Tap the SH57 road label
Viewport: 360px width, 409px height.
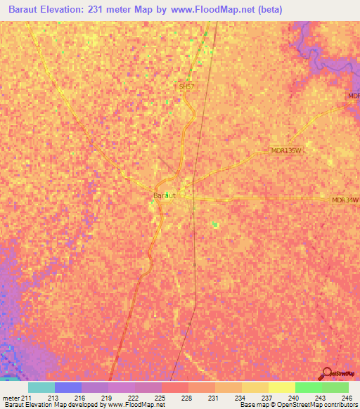click(x=186, y=86)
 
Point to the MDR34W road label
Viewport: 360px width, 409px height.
click(x=345, y=200)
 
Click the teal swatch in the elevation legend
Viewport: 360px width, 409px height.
click(x=41, y=387)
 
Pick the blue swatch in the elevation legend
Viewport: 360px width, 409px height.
click(x=68, y=387)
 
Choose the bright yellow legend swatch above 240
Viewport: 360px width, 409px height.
click(x=282, y=387)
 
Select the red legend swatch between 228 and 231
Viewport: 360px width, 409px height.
click(x=175, y=387)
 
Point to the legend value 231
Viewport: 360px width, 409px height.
click(x=215, y=397)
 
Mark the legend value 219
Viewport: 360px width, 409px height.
click(x=108, y=397)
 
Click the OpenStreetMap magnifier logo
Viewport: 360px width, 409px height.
click(x=326, y=374)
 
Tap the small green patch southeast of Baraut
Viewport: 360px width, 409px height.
click(x=216, y=225)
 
